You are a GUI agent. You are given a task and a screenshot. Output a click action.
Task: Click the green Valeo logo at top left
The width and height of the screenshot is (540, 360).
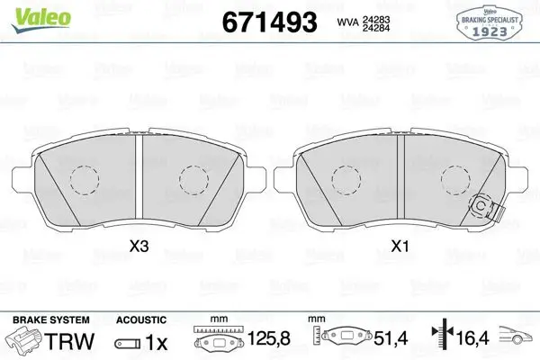41,19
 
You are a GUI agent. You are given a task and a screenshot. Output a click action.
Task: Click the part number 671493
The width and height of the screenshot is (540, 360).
269,22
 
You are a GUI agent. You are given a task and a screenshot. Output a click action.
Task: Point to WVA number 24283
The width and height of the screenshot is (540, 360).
375,20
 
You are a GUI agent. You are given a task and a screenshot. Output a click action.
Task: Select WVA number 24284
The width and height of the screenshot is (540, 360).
375,28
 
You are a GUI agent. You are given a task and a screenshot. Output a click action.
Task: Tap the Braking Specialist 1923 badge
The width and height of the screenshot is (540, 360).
490,22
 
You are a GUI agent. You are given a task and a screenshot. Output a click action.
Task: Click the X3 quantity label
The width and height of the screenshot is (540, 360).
139,247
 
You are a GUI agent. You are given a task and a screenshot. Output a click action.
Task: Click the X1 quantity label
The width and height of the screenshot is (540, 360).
400,247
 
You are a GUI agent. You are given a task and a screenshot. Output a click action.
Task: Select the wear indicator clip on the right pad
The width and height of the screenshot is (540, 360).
486,207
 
